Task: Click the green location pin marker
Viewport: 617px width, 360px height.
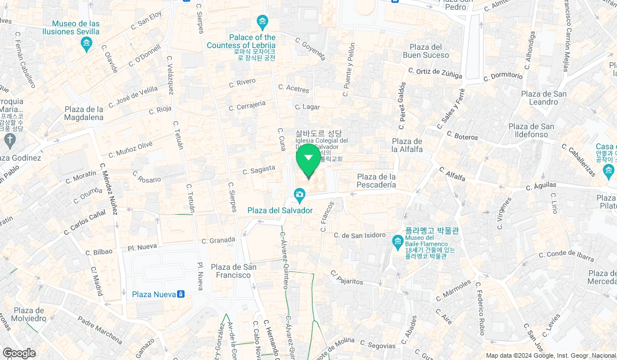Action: (x=308, y=158)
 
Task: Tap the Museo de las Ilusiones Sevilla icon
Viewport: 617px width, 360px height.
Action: (x=87, y=43)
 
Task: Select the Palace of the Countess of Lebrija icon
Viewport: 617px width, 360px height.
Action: (x=262, y=23)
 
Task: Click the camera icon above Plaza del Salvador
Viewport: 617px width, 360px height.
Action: (x=299, y=196)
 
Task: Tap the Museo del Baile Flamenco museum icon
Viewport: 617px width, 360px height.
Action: (x=398, y=242)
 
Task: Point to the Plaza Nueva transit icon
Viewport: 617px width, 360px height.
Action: (x=181, y=294)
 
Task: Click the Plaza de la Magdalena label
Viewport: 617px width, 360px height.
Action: (x=84, y=113)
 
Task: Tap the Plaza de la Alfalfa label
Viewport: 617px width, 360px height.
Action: (x=407, y=145)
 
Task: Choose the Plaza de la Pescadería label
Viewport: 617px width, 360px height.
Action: (x=376, y=181)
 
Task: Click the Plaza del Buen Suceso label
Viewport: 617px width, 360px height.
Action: (x=426, y=51)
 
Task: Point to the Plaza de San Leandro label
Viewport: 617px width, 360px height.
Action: (x=543, y=98)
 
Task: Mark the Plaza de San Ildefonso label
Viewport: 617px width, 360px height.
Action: (x=531, y=130)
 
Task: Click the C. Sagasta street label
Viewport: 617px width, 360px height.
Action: (x=259, y=170)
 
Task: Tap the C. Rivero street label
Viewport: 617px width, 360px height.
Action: (x=242, y=82)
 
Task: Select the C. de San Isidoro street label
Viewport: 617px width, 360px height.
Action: (x=360, y=235)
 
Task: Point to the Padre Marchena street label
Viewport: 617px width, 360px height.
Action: (x=101, y=330)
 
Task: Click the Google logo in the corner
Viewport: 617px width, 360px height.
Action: (x=19, y=353)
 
